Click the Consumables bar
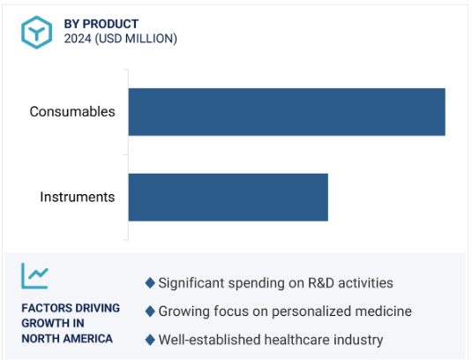coord(287,112)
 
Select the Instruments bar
coord(229,197)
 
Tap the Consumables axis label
coord(72,112)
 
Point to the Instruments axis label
coord(78,197)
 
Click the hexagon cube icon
coord(37,33)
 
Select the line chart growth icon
coord(34,275)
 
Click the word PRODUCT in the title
coord(110,24)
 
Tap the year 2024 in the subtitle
coord(78,39)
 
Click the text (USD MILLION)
coord(136,39)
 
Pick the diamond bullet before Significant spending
coord(150,283)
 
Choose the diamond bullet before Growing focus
coord(150,311)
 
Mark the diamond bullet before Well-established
coord(150,340)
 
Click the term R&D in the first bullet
coord(320,283)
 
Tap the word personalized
coord(311,311)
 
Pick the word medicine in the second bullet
coord(383,311)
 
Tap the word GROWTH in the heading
coord(46,323)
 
